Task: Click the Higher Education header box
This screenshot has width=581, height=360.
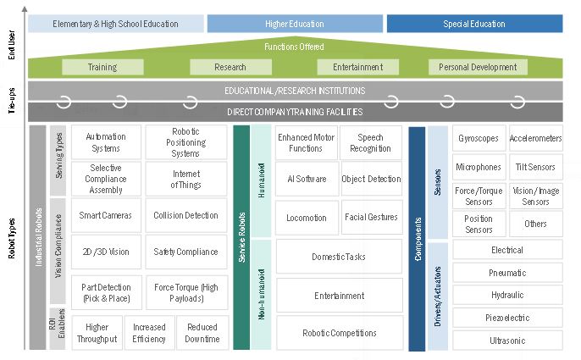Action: [x=295, y=24]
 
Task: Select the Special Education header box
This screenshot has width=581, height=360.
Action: [x=474, y=24]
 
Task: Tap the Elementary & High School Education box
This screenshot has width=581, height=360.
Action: [x=116, y=24]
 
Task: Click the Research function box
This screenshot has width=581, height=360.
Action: [x=230, y=67]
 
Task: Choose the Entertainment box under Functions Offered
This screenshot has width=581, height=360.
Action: [x=357, y=67]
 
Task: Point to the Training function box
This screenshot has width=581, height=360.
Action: [x=102, y=67]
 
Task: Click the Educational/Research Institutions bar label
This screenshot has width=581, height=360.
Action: [x=295, y=90]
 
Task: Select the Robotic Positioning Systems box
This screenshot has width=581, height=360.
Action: [x=185, y=142]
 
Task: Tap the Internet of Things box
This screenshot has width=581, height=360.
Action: [x=185, y=179]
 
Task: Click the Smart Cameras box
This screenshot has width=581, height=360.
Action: [x=106, y=215]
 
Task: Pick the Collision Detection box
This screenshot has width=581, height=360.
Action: [x=185, y=215]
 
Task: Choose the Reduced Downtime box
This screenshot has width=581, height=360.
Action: [x=202, y=333]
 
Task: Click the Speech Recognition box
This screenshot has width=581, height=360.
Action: [x=371, y=142]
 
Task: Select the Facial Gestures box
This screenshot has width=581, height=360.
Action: [x=371, y=217]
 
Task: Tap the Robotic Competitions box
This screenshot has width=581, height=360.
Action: [x=339, y=333]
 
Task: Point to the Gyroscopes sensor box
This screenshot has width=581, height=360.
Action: [x=479, y=138]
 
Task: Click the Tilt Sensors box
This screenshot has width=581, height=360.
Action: [x=535, y=167]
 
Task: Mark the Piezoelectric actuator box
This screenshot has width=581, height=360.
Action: [x=507, y=318]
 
